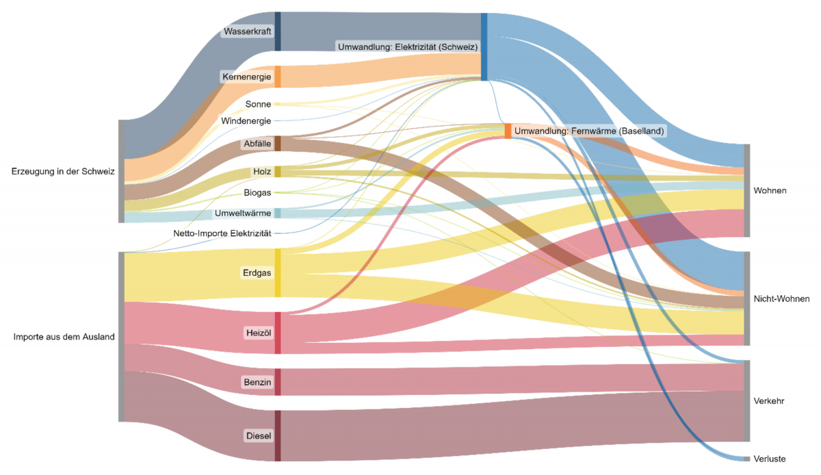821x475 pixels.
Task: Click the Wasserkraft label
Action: [248, 31]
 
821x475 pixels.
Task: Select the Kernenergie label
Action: [246, 77]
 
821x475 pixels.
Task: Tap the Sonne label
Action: [258, 104]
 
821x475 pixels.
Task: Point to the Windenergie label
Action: [246, 121]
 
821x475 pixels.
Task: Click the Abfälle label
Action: [257, 144]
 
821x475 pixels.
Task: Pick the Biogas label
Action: [257, 192]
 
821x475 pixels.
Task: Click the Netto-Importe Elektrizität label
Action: [222, 233]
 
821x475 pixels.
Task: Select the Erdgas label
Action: [257, 273]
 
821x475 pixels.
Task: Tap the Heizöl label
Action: [258, 333]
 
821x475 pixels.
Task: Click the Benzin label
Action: [257, 381]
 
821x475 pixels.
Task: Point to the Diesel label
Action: [258, 435]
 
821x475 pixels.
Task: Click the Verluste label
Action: [769, 459]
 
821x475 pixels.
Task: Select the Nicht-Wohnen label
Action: [781, 299]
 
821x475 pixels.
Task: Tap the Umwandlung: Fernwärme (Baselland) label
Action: [589, 130]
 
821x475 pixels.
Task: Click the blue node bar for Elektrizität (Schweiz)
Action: [484, 47]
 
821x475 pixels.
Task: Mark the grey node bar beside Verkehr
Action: [747, 400]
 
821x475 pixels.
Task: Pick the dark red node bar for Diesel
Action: [278, 435]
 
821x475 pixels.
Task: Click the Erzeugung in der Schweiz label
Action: [63, 171]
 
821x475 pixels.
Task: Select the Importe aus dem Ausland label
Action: [64, 337]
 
